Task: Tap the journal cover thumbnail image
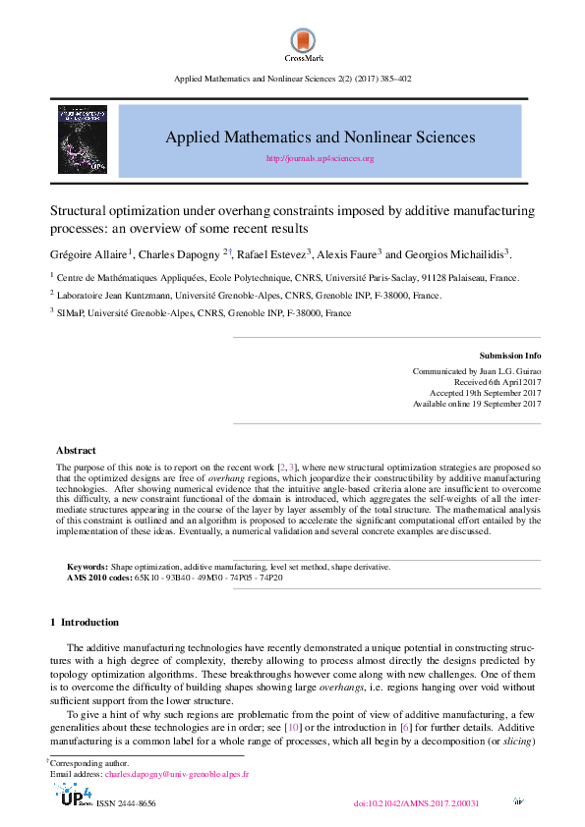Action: tap(83, 141)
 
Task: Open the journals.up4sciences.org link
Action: tap(320, 158)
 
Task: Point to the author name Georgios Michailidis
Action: tap(459, 253)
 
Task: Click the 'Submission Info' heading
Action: tap(509, 355)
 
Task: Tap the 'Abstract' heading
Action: tap(76, 451)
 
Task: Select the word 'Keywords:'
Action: tap(87, 567)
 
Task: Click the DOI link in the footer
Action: tap(415, 802)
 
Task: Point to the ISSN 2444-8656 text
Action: tap(125, 803)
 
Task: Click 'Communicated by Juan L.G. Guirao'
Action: tap(476, 371)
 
